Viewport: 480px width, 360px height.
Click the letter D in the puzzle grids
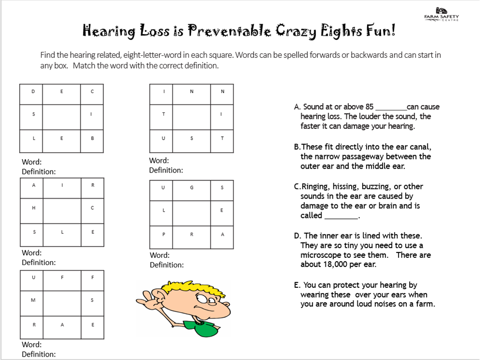[33, 92]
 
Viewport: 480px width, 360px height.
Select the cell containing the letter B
[92, 138]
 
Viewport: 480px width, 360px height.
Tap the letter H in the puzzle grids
[34, 208]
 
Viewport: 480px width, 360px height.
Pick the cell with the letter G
[192, 187]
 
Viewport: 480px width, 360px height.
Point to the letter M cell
[33, 300]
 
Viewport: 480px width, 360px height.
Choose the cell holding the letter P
[163, 234]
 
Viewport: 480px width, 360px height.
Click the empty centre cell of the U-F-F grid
[62, 303]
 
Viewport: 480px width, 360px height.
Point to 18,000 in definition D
[335, 265]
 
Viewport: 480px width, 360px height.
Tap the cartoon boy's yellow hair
[183, 289]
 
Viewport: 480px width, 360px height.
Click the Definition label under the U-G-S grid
[166, 265]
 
